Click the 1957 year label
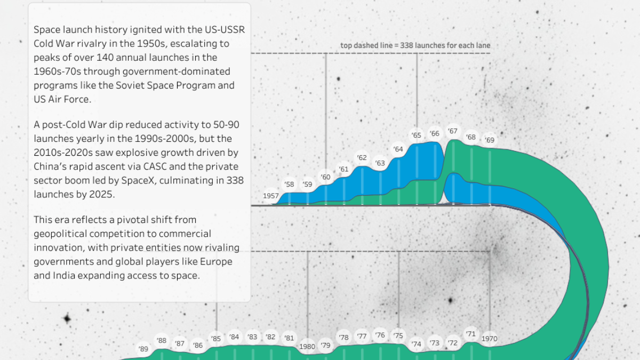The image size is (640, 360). click(x=271, y=196)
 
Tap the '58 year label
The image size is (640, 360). click(x=289, y=185)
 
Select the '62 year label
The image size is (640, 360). click(x=362, y=158)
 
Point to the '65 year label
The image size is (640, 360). click(x=417, y=135)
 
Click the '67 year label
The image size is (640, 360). click(x=453, y=131)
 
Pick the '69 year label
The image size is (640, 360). click(x=489, y=140)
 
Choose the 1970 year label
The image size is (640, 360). click(x=489, y=339)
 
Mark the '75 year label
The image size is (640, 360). click(x=398, y=335)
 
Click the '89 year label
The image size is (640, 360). click(x=143, y=349)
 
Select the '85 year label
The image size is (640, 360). click(x=216, y=338)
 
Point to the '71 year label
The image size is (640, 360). click(x=470, y=334)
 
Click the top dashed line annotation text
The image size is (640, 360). click(x=415, y=46)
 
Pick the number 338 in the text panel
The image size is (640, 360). click(x=233, y=180)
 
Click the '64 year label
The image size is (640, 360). click(x=398, y=149)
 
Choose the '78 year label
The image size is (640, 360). click(x=343, y=338)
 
